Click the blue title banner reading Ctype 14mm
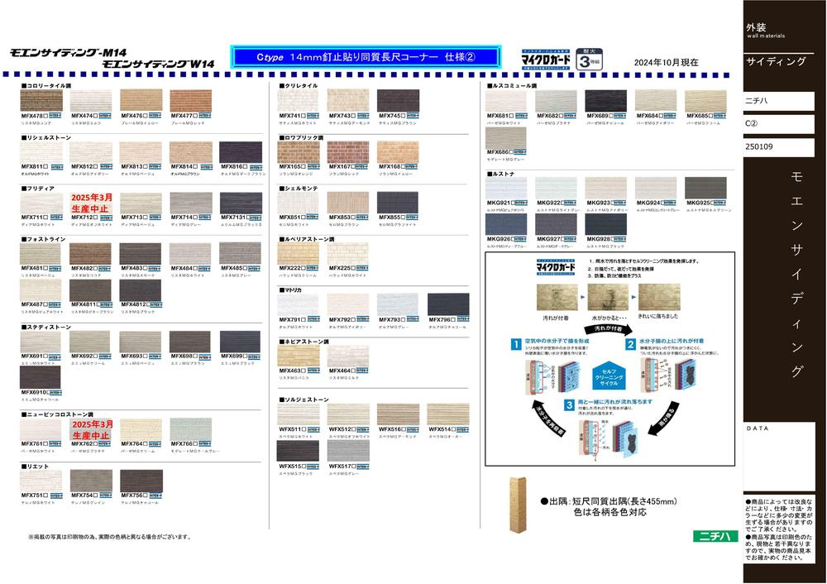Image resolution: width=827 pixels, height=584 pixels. click(x=366, y=57)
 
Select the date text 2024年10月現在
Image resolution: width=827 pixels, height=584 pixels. click(x=666, y=62)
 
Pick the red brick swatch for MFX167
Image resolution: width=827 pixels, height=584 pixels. click(x=348, y=152)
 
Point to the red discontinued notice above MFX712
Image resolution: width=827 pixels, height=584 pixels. click(x=91, y=203)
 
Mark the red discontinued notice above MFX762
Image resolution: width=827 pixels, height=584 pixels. click(x=91, y=430)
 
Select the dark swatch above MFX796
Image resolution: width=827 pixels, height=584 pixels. click(x=448, y=304)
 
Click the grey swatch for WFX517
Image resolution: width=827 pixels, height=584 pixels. click(x=348, y=451)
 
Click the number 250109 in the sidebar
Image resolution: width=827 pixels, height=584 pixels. click(x=760, y=147)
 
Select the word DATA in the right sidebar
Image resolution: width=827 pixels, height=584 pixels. click(x=758, y=429)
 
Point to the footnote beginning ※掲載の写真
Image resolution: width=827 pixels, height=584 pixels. click(x=103, y=537)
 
